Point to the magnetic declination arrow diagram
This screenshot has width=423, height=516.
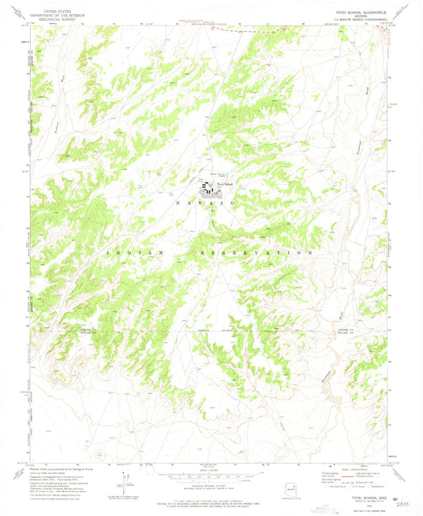121,481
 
